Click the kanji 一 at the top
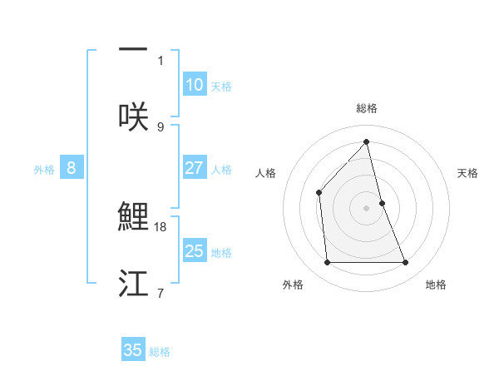[x=133, y=49]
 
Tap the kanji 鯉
[x=133, y=216]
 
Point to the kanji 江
[x=133, y=283]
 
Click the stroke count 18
[x=162, y=226]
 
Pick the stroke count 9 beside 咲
[x=161, y=126]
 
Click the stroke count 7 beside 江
[x=161, y=293]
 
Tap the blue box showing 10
[x=195, y=85]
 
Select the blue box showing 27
[x=195, y=168]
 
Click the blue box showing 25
[x=195, y=251]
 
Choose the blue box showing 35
[x=133, y=350]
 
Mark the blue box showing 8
[x=72, y=168]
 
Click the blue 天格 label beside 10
[x=221, y=86]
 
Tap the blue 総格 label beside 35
[x=160, y=351]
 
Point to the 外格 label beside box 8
[x=44, y=169]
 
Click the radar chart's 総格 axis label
[x=367, y=108]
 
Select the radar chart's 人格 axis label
[x=266, y=173]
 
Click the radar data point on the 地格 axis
[x=406, y=263]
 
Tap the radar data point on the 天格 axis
[x=382, y=202]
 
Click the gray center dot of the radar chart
[x=367, y=207]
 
